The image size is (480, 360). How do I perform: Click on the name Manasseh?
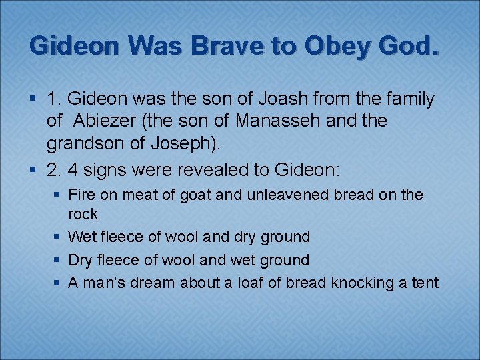pos(307,122)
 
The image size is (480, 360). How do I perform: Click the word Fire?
pos(81,195)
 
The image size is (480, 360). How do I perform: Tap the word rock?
pos(83,215)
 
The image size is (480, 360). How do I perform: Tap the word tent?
pos(425,283)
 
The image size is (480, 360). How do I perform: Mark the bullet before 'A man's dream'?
pos(58,283)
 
